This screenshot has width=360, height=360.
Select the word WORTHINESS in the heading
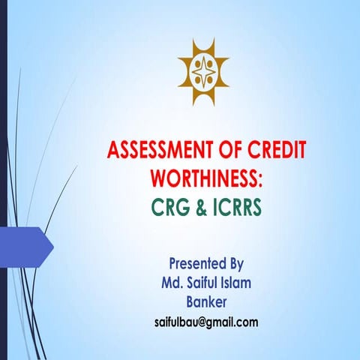203,178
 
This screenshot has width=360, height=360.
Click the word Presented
196,264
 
